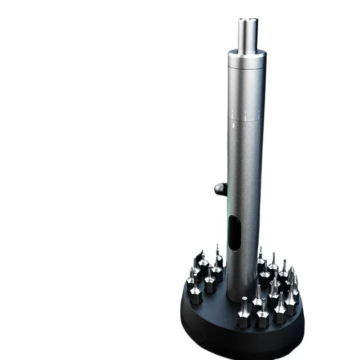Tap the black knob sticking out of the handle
tap(221, 188)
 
